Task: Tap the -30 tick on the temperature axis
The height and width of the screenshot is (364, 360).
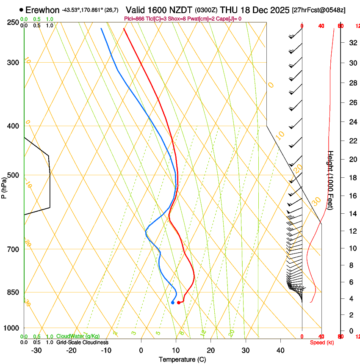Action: tap(36, 350)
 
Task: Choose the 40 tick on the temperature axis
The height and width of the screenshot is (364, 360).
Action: tap(280, 350)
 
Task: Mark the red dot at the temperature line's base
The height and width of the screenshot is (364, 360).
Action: tap(179, 303)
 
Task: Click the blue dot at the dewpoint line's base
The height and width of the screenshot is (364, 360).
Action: tap(173, 303)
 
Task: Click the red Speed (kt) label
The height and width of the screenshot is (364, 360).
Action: tap(322, 342)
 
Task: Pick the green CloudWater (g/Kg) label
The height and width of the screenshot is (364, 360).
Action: tap(78, 336)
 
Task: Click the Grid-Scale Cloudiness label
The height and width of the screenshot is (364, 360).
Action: tap(82, 342)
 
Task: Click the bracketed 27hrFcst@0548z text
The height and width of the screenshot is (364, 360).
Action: tap(318, 10)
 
